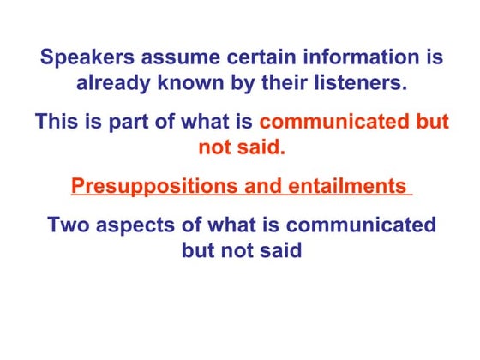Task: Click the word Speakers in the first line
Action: [82, 58]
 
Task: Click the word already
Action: [112, 84]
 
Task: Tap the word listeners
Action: [363, 84]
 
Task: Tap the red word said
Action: [261, 147]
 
